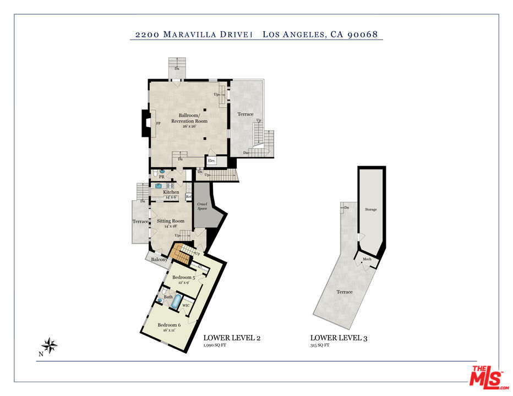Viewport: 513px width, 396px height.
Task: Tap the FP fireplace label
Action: point(158,124)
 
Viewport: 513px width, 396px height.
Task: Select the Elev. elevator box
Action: point(211,161)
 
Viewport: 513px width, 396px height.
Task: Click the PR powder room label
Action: point(162,177)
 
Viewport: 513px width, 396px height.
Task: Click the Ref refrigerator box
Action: point(188,196)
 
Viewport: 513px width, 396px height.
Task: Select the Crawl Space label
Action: point(203,207)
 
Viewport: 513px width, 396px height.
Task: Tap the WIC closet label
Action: point(186,305)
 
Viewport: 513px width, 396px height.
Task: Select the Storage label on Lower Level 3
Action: point(370,210)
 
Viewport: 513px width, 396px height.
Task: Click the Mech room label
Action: point(367,258)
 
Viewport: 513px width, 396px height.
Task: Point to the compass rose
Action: point(50,345)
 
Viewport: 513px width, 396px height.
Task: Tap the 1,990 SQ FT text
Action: point(216,346)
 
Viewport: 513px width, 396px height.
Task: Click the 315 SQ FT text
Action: point(320,346)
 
